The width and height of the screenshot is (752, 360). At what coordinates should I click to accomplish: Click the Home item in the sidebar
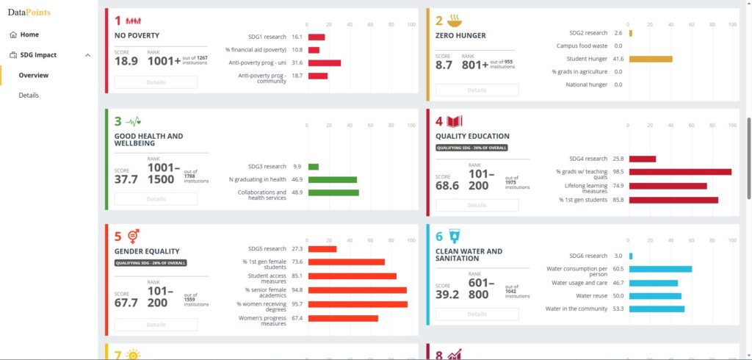29,35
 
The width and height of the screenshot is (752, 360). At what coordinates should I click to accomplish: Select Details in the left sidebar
29,95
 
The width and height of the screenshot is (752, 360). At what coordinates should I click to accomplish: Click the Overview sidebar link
34,75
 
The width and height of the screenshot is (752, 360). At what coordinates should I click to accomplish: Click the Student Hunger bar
651,59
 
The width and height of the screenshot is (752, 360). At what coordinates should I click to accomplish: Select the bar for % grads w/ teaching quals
680,172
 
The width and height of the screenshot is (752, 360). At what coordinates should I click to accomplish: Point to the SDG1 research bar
317,37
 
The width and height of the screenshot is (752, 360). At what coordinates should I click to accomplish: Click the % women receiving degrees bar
358,304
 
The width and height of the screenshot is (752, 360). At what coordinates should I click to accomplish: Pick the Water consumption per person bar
660,269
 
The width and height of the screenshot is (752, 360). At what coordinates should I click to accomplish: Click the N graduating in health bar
333,179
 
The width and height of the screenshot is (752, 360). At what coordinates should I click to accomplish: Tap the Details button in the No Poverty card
156,82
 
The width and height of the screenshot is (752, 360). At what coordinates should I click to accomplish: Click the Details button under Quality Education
477,205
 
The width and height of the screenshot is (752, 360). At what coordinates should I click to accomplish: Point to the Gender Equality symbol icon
134,237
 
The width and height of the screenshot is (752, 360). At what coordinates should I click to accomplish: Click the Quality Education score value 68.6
446,186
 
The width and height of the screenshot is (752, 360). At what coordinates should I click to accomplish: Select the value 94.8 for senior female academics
297,290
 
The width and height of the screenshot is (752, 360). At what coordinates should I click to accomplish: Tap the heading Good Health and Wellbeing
149,140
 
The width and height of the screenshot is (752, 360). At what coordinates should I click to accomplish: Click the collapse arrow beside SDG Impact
87,55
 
